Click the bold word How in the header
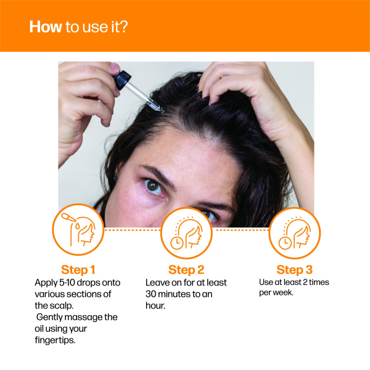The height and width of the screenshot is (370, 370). (46, 27)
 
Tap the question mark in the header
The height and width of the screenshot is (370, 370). (123, 27)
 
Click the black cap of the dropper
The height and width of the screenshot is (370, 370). (122, 80)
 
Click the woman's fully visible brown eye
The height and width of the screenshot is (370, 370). (153, 186)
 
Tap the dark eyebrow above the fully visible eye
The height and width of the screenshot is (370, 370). (157, 175)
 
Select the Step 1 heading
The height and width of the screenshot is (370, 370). (78, 269)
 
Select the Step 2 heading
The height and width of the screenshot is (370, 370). (186, 269)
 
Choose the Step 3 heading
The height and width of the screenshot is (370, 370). (295, 269)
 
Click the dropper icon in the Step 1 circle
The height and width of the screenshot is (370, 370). (68, 217)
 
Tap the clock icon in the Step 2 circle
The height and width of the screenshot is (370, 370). (177, 244)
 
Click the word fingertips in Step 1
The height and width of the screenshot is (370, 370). (55, 340)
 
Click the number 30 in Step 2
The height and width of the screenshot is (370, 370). (151, 294)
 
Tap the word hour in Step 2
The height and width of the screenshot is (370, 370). (155, 306)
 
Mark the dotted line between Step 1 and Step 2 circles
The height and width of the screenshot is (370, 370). (132, 229)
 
